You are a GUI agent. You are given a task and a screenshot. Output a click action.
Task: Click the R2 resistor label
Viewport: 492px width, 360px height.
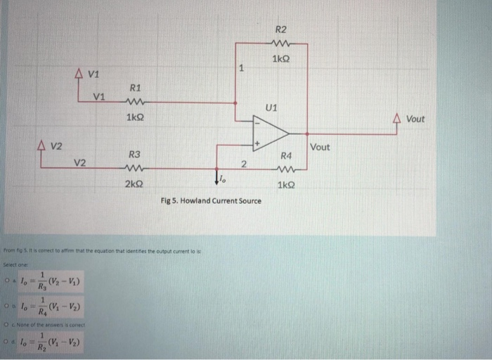[x=280, y=30]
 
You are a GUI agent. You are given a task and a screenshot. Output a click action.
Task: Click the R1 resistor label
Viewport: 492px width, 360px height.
[x=136, y=88]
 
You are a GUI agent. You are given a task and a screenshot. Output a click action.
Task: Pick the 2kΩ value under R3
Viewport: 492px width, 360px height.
[x=135, y=183]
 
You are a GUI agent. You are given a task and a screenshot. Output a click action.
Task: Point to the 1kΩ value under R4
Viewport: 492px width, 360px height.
[x=285, y=185]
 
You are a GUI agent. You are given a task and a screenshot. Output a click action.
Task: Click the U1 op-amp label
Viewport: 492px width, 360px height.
[x=272, y=108]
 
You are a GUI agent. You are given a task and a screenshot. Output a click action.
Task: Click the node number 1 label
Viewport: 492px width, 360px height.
[x=241, y=68]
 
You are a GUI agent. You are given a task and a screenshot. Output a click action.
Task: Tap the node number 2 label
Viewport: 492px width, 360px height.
[x=242, y=164]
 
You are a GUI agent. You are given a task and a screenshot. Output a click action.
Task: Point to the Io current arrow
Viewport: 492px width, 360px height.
[x=219, y=181]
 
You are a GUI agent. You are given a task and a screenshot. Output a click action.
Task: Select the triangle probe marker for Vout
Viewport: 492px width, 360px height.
[x=397, y=119]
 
